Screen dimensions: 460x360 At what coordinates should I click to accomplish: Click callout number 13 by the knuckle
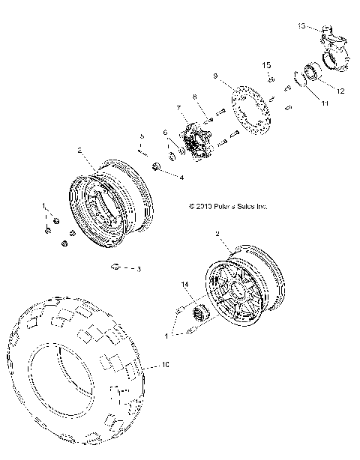[x=301, y=26]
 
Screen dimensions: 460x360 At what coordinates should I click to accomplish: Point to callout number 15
[x=265, y=67]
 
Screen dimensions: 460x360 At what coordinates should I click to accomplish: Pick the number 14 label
[x=184, y=285]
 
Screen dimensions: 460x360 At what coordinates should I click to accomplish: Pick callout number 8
[x=193, y=96]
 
